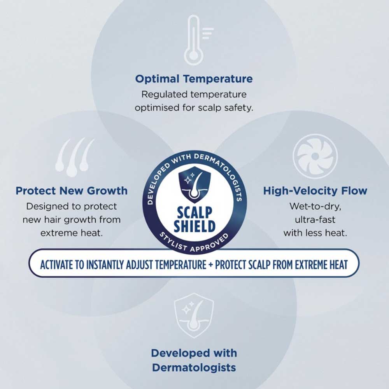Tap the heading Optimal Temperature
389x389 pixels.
194,79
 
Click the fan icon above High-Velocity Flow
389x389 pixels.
315,156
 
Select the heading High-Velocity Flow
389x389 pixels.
315,191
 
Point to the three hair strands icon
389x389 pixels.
75,158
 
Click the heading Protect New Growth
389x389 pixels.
72,191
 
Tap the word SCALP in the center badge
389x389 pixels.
194,212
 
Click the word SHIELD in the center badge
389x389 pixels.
194,226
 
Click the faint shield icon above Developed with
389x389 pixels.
194,315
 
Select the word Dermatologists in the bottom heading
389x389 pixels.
194,368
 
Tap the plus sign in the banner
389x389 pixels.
210,265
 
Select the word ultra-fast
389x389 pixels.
315,219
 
